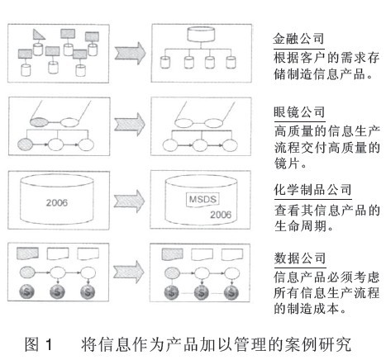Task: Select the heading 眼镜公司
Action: pos(298,112)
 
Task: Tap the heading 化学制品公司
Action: pos(309,189)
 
